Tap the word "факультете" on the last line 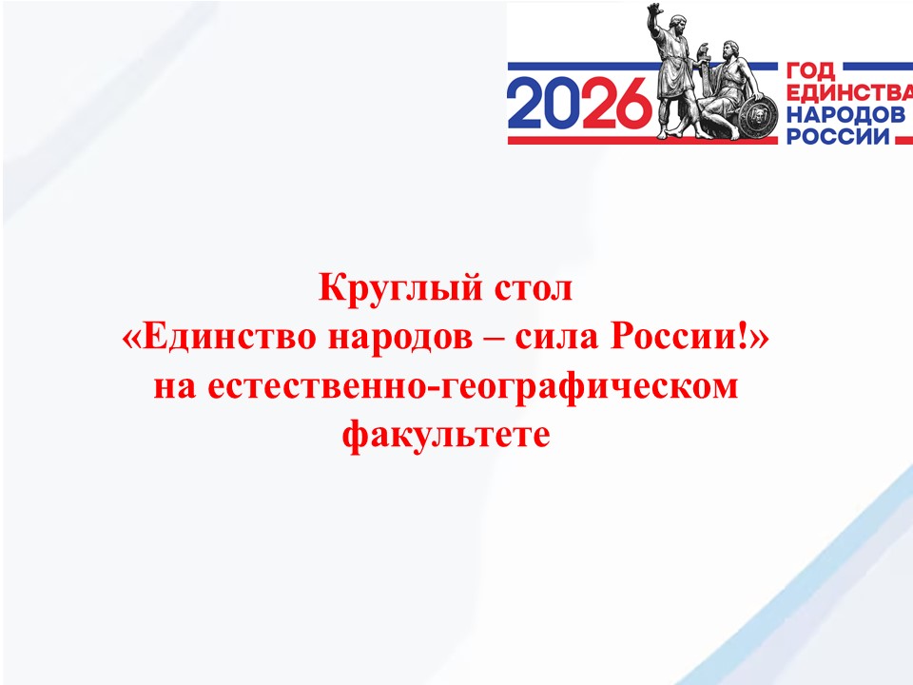446,438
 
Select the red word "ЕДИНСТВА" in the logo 846,93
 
